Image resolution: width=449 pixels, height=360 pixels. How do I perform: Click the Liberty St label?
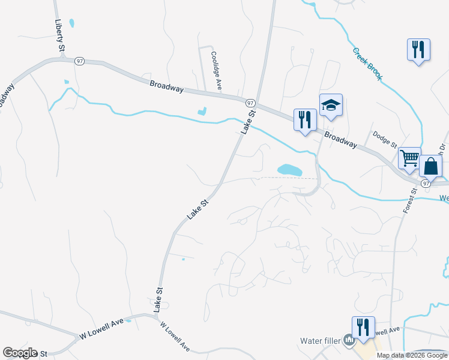click(59, 34)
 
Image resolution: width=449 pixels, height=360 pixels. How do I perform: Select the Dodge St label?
click(385, 140)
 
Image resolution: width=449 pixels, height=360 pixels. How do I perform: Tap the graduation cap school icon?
click(331, 105)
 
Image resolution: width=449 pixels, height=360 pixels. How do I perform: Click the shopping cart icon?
click(409, 158)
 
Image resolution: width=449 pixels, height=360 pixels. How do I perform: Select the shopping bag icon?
click(431, 165)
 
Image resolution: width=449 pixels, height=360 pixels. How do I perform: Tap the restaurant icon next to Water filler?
click(363, 327)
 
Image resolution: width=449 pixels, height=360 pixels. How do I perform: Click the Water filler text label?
click(320, 341)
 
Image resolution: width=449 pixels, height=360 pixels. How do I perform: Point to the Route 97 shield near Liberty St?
click(79, 61)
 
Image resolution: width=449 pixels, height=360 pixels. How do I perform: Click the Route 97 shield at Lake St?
click(250, 103)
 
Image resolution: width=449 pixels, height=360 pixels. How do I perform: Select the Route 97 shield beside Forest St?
click(426, 182)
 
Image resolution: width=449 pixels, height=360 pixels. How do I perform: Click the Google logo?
click(20, 353)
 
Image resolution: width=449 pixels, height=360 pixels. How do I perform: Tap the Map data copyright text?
click(412, 355)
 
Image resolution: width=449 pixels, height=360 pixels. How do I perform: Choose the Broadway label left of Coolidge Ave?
click(167, 87)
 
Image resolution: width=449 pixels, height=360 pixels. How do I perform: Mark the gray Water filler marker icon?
click(349, 341)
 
